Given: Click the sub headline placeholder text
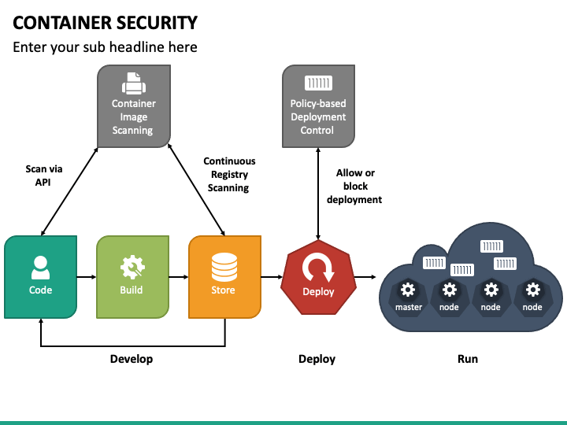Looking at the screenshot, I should point(105,47).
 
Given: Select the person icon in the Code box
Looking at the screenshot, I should point(40,268).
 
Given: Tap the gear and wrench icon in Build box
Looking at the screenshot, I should point(132,268).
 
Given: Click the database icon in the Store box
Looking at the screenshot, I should point(224,268).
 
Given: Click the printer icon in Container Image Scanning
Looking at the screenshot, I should point(133,83).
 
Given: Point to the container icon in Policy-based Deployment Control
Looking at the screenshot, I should point(317,83).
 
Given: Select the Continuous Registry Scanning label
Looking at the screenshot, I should point(229,175).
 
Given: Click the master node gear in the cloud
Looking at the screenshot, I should point(408,290).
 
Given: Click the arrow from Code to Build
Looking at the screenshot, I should point(86,277).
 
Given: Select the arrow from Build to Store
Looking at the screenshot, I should point(178,277).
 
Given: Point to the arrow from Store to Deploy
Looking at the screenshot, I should point(271,277).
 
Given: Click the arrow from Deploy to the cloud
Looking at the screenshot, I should point(365,277).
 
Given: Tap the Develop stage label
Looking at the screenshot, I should point(132,359).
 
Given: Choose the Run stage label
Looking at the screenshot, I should point(467,359).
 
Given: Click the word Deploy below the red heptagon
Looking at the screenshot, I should point(317,359).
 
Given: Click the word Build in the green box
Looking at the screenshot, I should point(132,290).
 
